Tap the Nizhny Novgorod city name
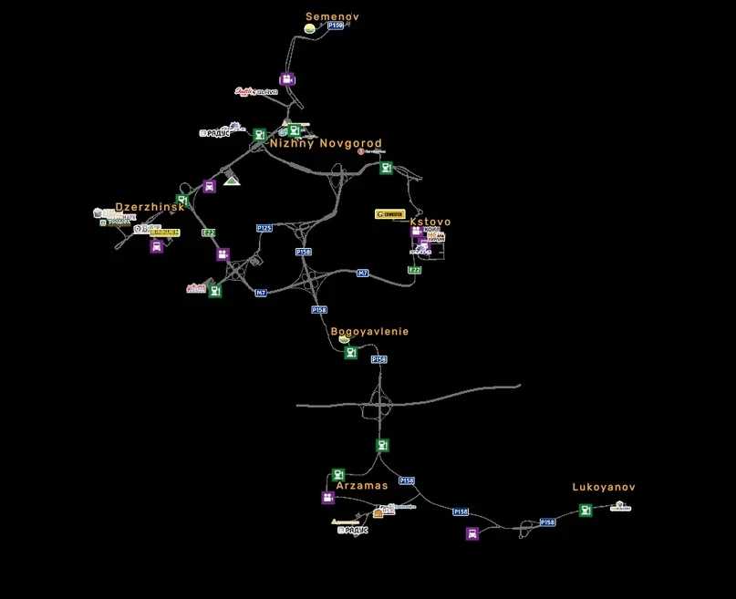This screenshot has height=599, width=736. [x=326, y=144]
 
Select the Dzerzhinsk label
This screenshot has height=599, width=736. [x=150, y=207]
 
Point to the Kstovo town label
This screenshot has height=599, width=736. [x=430, y=222]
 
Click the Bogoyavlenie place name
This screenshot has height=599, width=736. [x=369, y=331]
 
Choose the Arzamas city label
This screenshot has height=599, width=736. [x=362, y=486]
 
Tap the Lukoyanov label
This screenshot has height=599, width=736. [x=603, y=488]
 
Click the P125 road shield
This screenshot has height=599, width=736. [x=264, y=228]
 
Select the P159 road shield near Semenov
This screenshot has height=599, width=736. [x=335, y=26]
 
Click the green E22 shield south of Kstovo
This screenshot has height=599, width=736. [x=415, y=270]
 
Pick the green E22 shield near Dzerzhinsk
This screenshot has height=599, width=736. [x=209, y=232]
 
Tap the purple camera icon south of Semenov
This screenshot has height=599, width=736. [x=287, y=79]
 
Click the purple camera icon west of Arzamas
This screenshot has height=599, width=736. [x=327, y=498]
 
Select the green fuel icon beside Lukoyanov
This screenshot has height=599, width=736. [x=586, y=510]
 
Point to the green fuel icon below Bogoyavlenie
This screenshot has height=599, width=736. [x=351, y=353]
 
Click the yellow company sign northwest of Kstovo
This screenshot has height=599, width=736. [x=390, y=214]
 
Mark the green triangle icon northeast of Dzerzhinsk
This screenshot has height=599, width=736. [x=232, y=180]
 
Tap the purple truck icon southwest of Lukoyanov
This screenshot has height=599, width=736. [x=472, y=533]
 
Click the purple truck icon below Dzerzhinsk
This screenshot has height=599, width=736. [x=157, y=246]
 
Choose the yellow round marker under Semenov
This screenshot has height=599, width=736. [x=310, y=29]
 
